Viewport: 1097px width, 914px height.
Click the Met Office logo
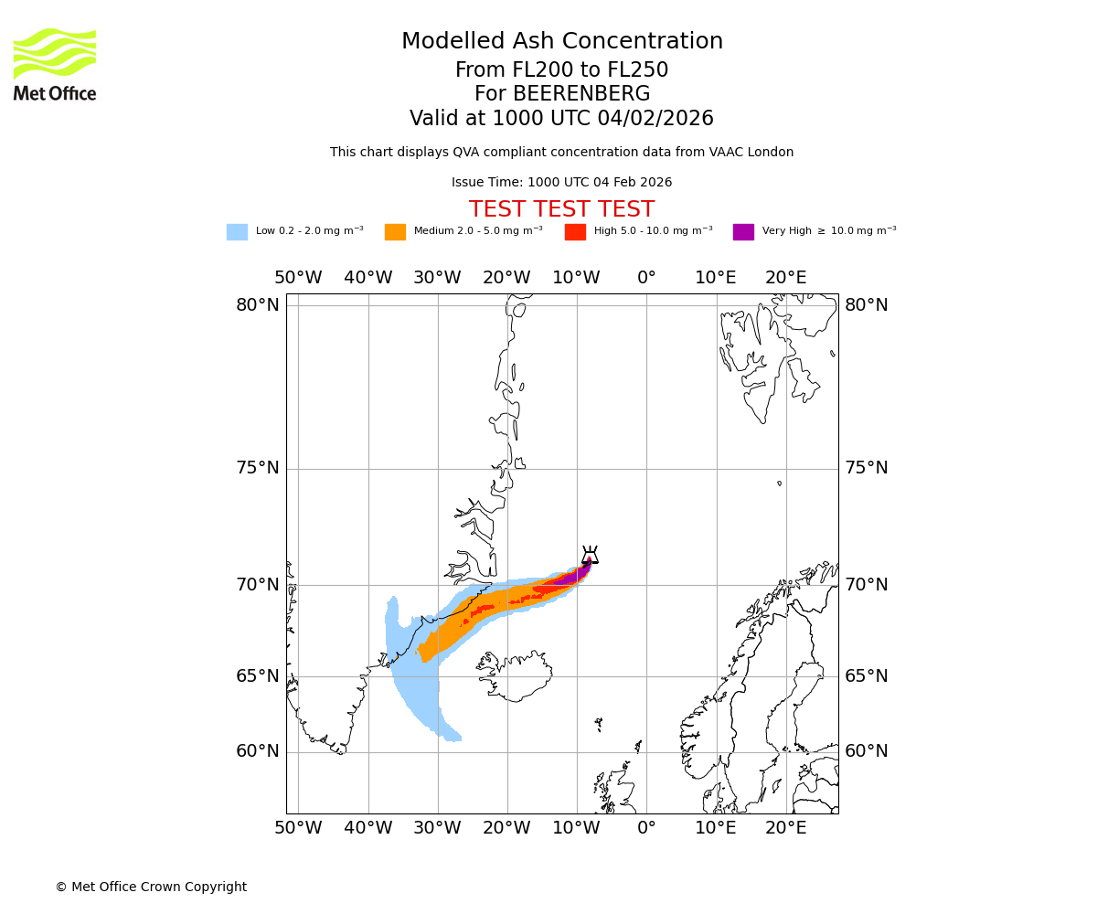coord(55,65)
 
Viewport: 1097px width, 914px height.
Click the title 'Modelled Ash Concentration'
coord(561,42)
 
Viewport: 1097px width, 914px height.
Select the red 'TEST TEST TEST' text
coord(561,209)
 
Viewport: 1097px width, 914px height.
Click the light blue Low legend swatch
coord(237,232)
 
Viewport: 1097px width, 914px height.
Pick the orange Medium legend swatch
coord(395,232)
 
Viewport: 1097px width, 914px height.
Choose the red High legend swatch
coord(575,232)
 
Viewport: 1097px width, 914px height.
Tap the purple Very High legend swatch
coord(743,232)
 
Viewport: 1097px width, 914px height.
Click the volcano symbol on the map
coord(590,556)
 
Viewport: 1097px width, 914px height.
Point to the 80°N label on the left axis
coord(258,305)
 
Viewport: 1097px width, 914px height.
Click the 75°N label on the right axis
coord(866,468)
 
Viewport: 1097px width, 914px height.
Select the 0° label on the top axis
coord(646,278)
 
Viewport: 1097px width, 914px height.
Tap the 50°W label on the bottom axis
coord(298,828)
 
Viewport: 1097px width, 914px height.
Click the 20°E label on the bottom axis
coord(785,828)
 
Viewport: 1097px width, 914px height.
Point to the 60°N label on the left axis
coord(258,751)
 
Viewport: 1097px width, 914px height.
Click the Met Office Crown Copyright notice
coord(151,887)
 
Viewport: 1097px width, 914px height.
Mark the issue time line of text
coord(561,183)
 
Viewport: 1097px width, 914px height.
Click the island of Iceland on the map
coord(517,676)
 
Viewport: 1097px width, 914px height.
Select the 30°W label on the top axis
coord(437,278)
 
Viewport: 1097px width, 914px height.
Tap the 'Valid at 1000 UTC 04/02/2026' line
coord(561,119)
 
